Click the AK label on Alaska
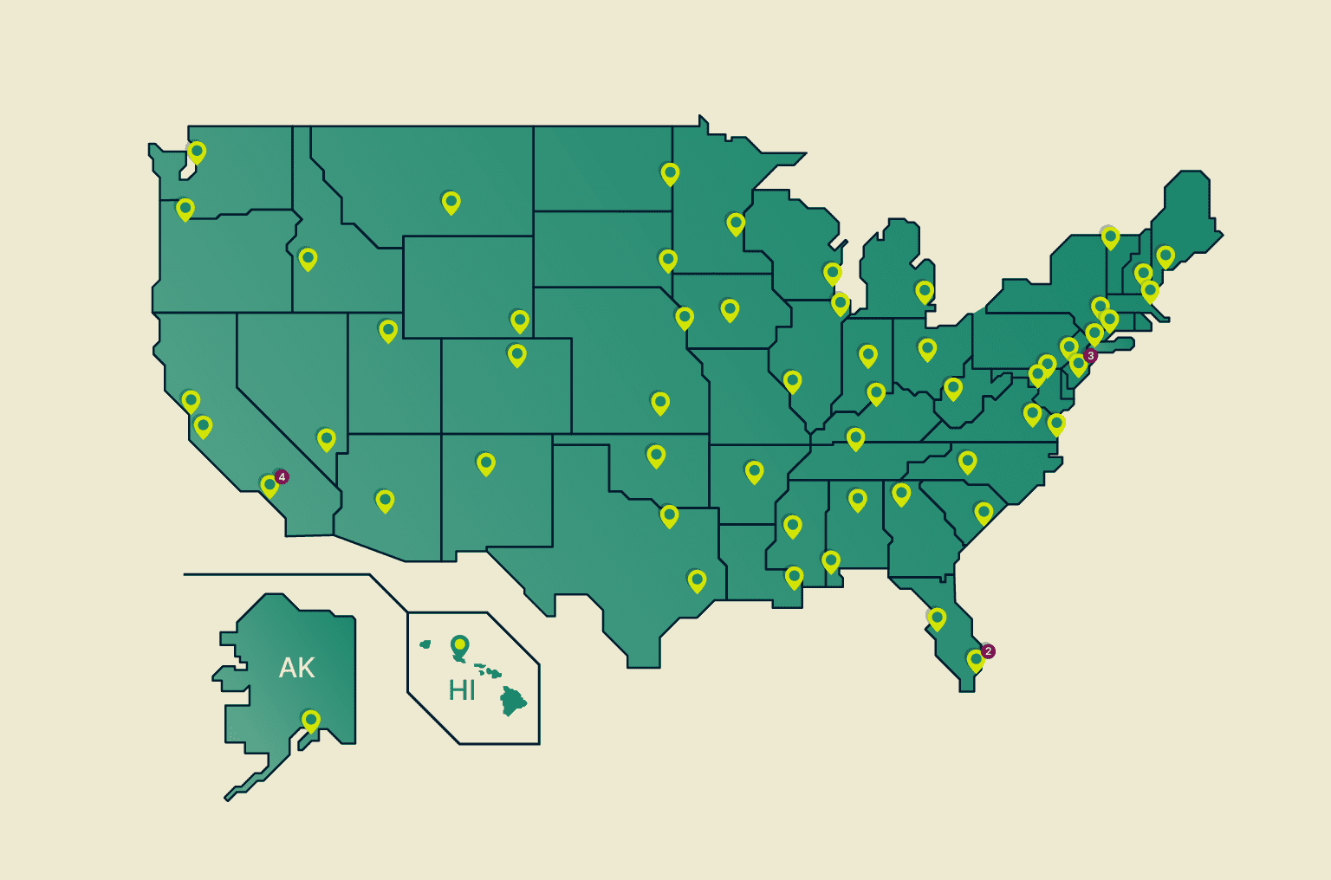pyautogui.click(x=296, y=668)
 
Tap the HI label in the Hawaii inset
pyautogui.click(x=461, y=690)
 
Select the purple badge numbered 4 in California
pyautogui.click(x=282, y=477)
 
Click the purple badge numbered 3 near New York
pyautogui.click(x=1091, y=356)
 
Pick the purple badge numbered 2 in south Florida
pyautogui.click(x=988, y=651)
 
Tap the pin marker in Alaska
pyautogui.click(x=310, y=720)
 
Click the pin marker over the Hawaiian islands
pyautogui.click(x=459, y=645)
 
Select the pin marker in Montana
pyautogui.click(x=451, y=202)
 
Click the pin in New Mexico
pyautogui.click(x=486, y=463)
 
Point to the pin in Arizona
pyautogui.click(x=385, y=500)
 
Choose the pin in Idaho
pyautogui.click(x=308, y=258)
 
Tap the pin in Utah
pyautogui.click(x=388, y=330)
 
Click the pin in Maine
pyautogui.click(x=1165, y=256)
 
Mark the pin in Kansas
pyautogui.click(x=660, y=402)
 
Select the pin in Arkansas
pyautogui.click(x=755, y=471)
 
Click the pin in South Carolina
pyautogui.click(x=984, y=512)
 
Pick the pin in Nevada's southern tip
pyautogui.click(x=327, y=438)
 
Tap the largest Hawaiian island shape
pyautogui.click(x=514, y=701)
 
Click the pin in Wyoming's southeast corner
pyautogui.click(x=520, y=320)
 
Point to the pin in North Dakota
pyautogui.click(x=670, y=173)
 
